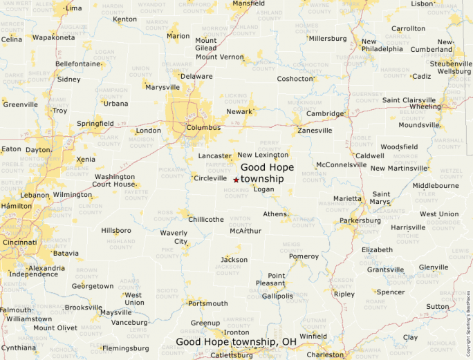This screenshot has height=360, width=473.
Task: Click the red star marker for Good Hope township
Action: [x=236, y=180]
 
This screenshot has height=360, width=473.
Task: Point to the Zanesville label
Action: [x=315, y=130]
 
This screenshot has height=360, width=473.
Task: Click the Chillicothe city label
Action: [x=206, y=219]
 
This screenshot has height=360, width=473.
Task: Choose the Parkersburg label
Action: [x=360, y=220]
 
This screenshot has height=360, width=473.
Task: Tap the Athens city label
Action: [x=275, y=214]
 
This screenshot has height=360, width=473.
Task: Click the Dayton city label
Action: [x=37, y=149]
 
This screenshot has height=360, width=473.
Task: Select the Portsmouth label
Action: [x=207, y=303]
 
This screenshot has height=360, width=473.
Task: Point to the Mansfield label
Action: [x=249, y=3]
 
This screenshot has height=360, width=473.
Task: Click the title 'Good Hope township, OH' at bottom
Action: [x=236, y=342]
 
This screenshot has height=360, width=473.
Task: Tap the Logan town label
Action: [x=263, y=189]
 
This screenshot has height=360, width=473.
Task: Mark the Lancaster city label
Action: [x=214, y=156]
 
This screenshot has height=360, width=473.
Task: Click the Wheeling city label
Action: [x=425, y=106]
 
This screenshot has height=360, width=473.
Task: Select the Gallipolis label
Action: [x=277, y=296]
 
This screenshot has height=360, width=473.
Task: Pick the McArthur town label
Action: [x=245, y=231]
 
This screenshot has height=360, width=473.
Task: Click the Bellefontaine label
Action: [x=77, y=64]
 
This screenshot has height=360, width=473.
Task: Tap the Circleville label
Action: [x=210, y=178]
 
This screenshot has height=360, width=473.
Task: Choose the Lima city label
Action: [x=73, y=8]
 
